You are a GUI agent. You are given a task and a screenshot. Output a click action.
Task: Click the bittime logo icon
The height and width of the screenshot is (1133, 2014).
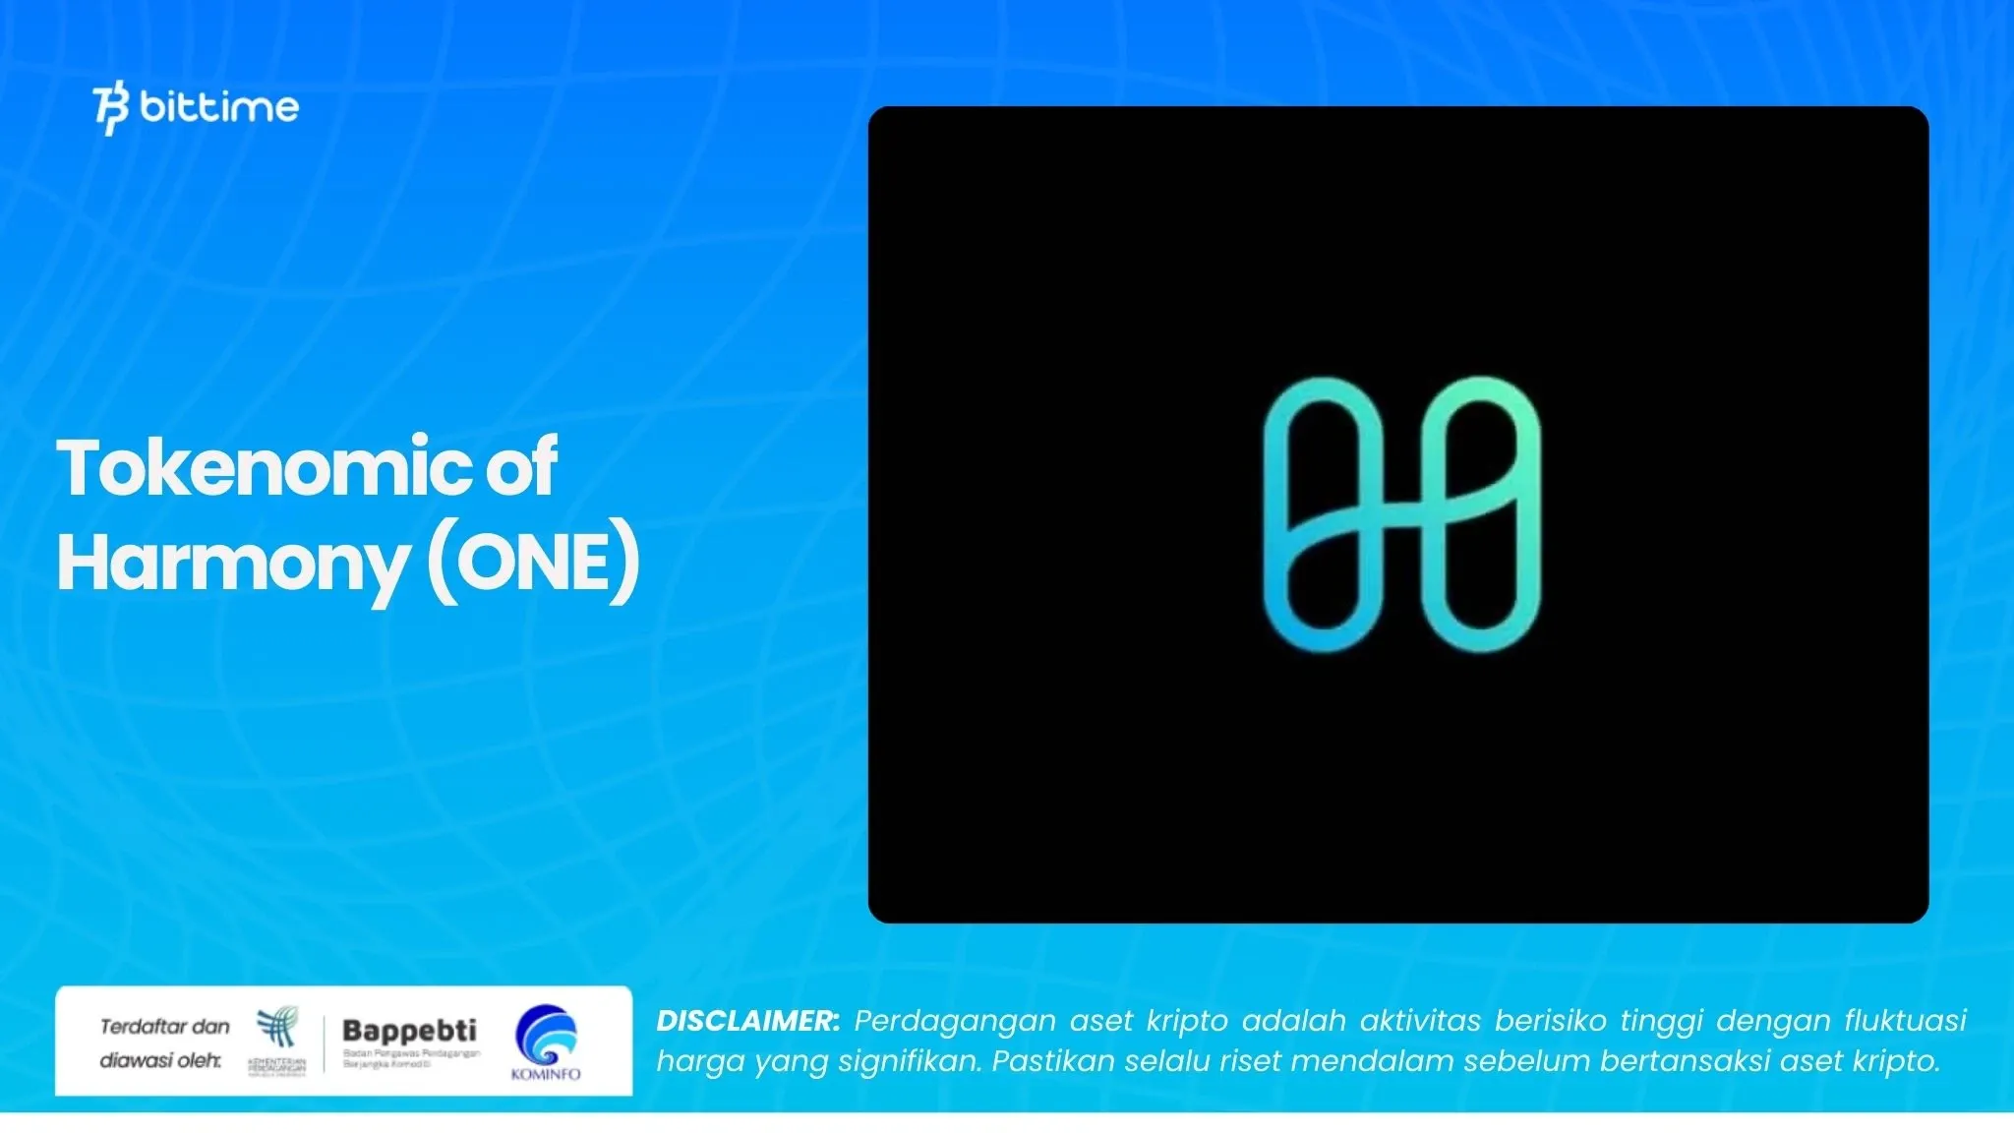(111, 109)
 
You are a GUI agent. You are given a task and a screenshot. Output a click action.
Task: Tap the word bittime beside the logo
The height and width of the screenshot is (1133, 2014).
(219, 106)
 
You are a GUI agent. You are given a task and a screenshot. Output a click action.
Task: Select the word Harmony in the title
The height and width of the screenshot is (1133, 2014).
(232, 564)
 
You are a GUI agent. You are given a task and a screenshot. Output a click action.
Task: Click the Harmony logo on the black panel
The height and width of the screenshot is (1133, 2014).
(1401, 514)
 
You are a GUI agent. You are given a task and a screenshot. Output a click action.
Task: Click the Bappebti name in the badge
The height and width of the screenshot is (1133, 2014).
(409, 1031)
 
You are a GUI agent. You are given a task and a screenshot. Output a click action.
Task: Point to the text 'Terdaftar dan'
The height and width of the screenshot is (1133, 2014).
(164, 1027)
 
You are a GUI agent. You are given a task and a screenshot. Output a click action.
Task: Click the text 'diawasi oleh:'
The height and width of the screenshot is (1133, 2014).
(160, 1060)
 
